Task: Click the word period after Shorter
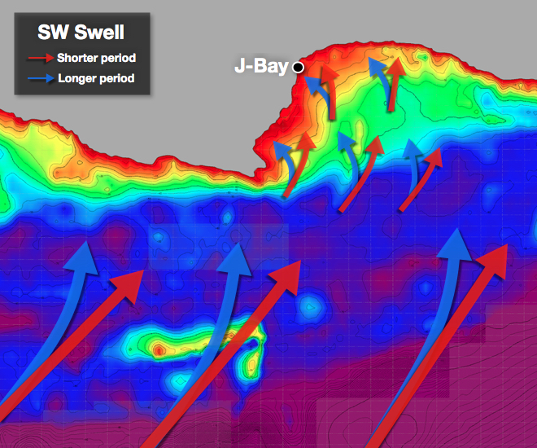point(118,59)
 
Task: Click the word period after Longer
point(115,79)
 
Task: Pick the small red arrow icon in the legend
point(40,59)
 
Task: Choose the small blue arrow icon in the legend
point(40,79)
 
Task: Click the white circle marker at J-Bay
point(298,68)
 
